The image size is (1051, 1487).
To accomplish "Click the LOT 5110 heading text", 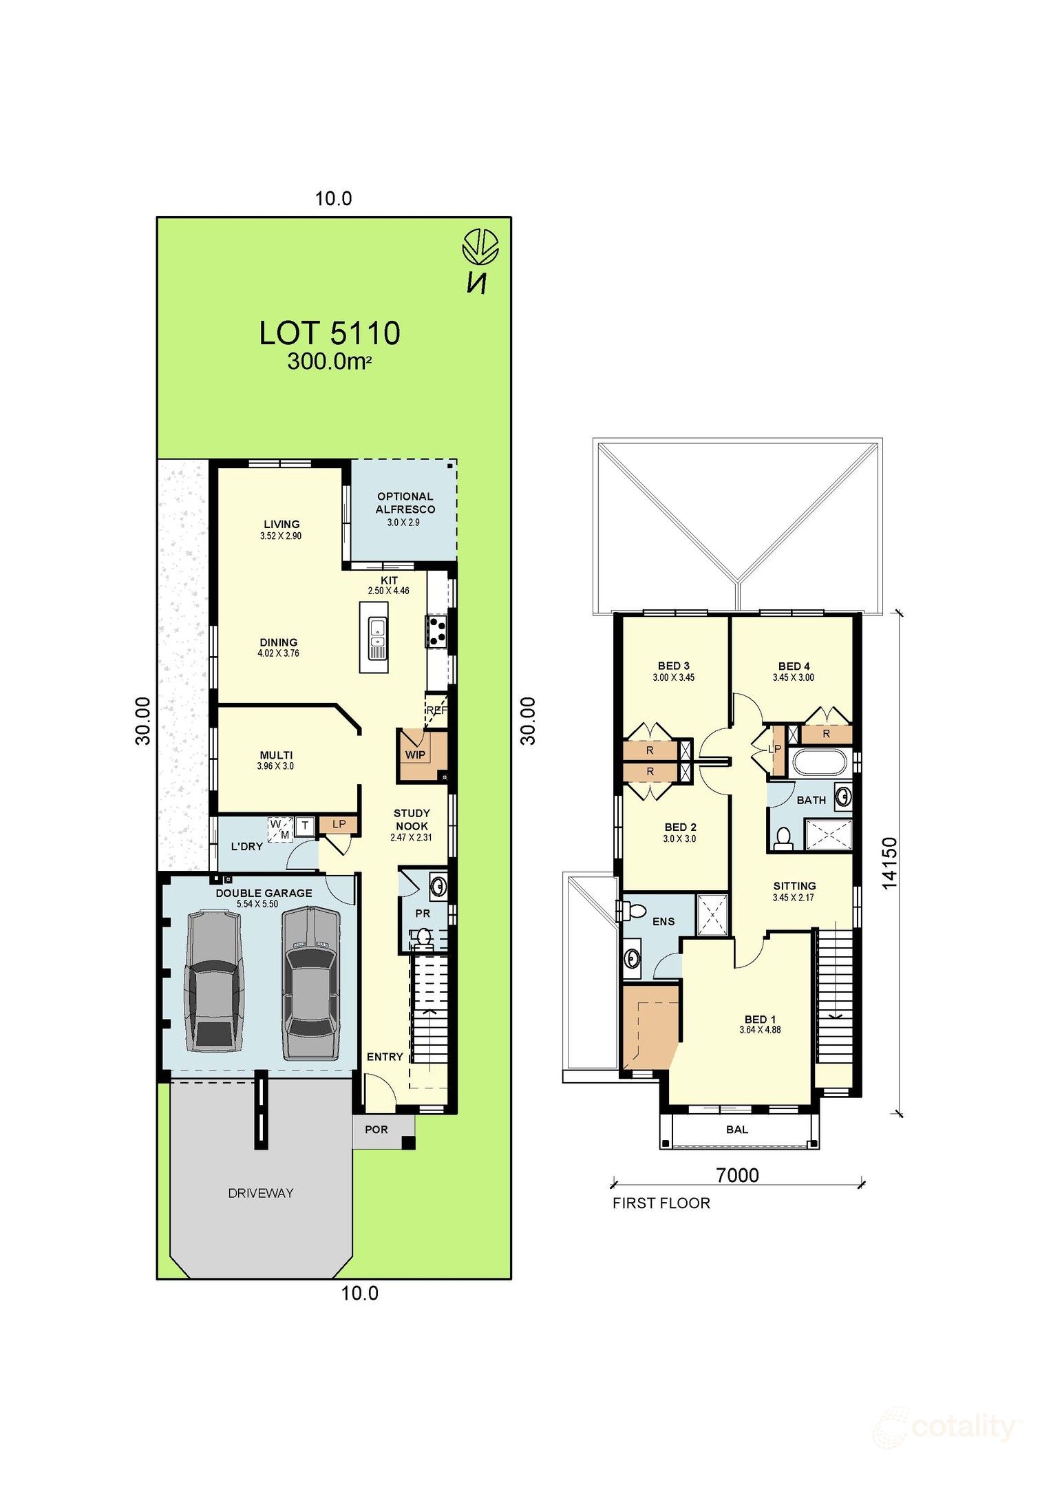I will [x=329, y=333].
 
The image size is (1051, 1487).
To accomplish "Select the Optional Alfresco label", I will [x=405, y=503].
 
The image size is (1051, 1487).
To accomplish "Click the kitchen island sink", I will [x=377, y=637].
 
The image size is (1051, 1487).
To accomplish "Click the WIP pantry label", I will [x=415, y=755].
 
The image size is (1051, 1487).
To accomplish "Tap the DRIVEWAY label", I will [x=260, y=1193].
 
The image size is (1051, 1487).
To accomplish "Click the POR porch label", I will [x=376, y=1130].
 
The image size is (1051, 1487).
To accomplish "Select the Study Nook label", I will [x=412, y=819].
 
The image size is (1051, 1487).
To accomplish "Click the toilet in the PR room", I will [x=423, y=936].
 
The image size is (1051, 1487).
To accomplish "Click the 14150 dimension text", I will [x=889, y=863].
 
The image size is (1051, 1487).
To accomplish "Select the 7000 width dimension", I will [x=736, y=1174].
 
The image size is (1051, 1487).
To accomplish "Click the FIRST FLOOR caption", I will [x=661, y=1203].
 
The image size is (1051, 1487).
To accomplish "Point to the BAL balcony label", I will [x=736, y=1130].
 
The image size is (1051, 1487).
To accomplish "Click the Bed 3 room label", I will [x=673, y=666].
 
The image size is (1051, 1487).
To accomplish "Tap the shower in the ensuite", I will [x=712, y=914].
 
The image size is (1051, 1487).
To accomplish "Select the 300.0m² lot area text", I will [x=329, y=361].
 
